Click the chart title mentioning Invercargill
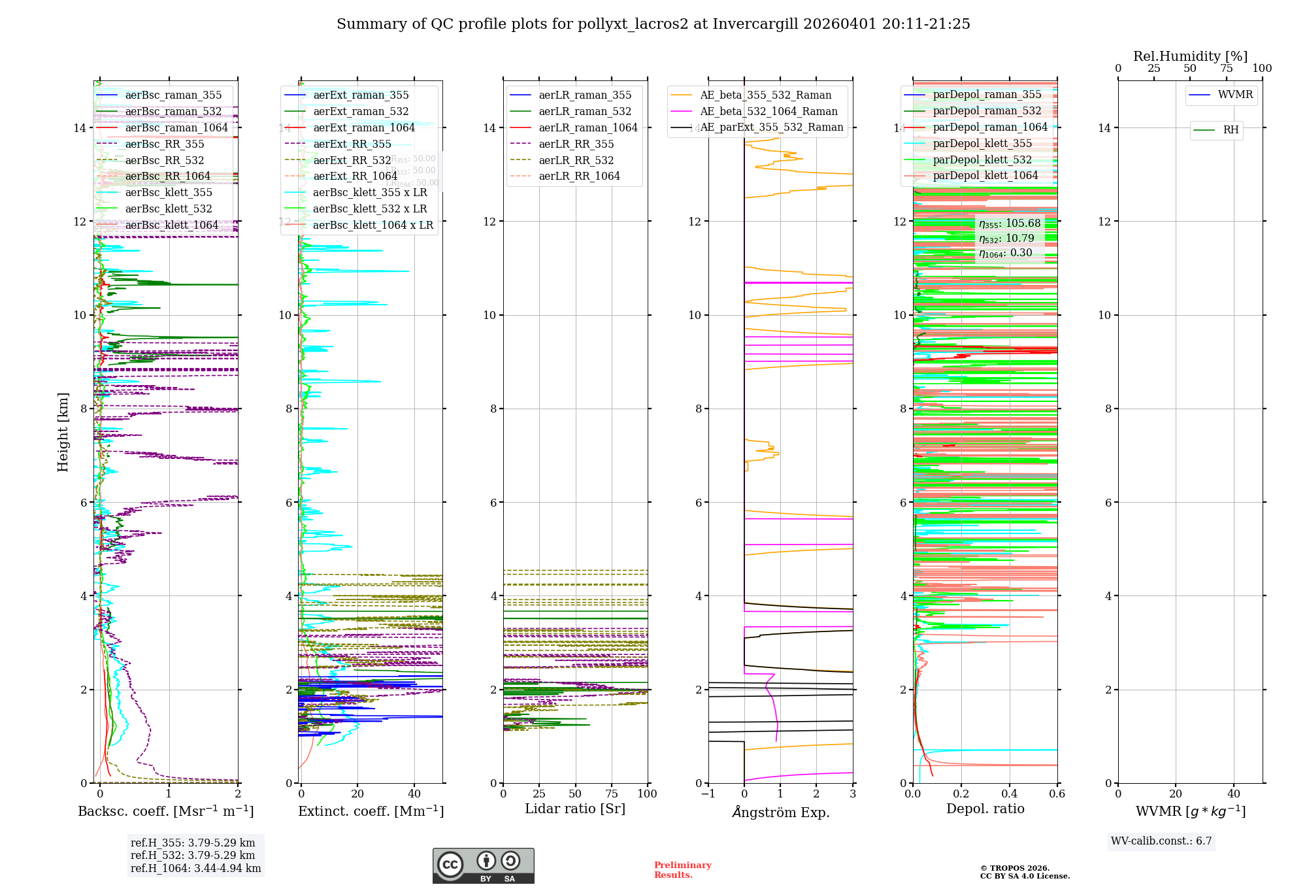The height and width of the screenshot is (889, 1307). tap(653, 24)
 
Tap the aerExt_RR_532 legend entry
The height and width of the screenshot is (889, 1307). tap(352, 161)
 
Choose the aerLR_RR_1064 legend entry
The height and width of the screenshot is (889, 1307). tap(579, 176)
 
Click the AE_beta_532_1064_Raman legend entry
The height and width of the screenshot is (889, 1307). tap(769, 112)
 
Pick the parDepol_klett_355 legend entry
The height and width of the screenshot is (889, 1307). tap(982, 144)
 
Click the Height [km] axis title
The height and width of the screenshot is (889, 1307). tap(63, 432)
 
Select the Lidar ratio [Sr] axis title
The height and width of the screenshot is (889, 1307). tap(575, 809)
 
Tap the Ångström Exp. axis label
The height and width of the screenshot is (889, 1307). tap(781, 813)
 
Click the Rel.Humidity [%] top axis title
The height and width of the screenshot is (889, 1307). tap(1190, 56)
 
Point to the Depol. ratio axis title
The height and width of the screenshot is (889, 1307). tap(985, 809)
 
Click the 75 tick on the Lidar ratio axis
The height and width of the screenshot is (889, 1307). tap(612, 794)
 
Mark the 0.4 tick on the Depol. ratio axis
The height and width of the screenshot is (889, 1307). tap(1009, 794)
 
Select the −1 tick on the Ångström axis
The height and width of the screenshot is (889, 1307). tap(708, 794)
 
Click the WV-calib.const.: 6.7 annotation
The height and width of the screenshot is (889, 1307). tap(1161, 841)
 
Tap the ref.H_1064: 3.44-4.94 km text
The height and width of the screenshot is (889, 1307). tap(195, 869)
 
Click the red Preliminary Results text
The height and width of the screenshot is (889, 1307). tap(682, 870)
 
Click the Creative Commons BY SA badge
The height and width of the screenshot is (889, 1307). tap(483, 866)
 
